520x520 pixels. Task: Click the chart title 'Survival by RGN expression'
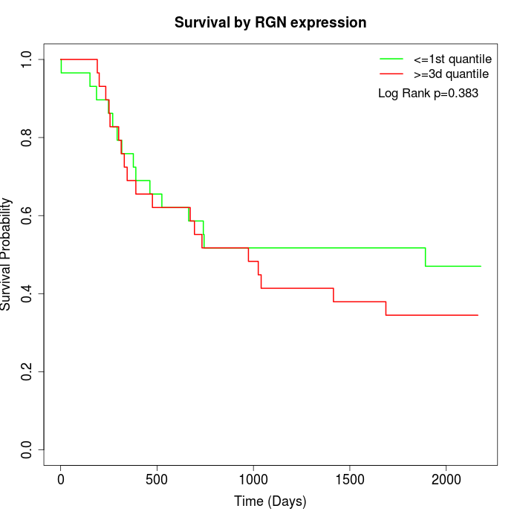(270, 22)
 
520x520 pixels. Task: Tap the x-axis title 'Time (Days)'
(270, 501)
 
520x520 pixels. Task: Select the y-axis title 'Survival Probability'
(7, 254)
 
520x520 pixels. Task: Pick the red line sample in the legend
(391, 74)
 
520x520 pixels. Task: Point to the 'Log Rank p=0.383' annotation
(428, 94)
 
